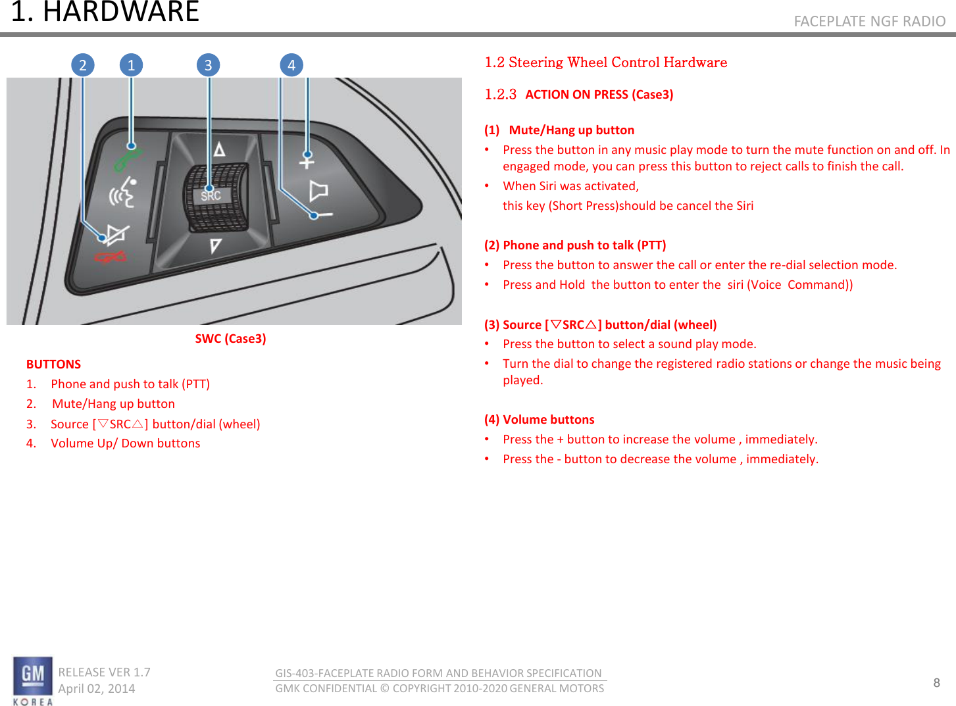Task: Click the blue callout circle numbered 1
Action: [x=131, y=65]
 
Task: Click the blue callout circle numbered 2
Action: [x=83, y=65]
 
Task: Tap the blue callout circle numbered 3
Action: [x=208, y=65]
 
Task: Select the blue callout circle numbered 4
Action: [x=291, y=65]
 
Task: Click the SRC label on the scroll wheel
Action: [x=211, y=195]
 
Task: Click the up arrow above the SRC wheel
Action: [x=219, y=149]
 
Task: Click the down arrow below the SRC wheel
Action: [x=215, y=246]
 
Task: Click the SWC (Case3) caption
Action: [x=230, y=339]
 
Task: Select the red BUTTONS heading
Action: [x=53, y=365]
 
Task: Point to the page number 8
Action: [x=936, y=682]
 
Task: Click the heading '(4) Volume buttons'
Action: [x=539, y=420]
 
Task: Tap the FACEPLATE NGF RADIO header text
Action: [x=869, y=22]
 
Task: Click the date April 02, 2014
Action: [x=97, y=689]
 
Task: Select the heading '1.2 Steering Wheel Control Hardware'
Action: [x=605, y=63]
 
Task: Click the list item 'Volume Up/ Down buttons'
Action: [x=125, y=443]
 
